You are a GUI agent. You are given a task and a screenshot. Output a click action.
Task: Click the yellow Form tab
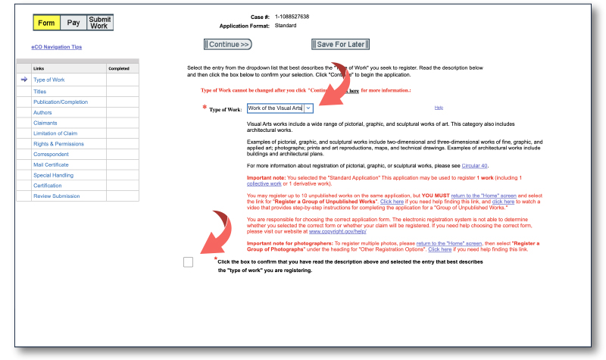point(46,23)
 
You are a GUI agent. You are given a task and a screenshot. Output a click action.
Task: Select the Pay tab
point(73,23)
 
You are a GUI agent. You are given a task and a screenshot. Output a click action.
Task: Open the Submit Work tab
point(98,23)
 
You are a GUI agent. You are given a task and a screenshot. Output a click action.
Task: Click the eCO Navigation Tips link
point(57,47)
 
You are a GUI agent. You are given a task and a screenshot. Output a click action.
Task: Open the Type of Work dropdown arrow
point(308,108)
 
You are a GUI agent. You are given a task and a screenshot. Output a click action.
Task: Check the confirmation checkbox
point(188,262)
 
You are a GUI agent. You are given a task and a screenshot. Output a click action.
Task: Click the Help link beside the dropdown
point(439,108)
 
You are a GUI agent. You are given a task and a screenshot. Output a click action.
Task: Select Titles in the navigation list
point(40,91)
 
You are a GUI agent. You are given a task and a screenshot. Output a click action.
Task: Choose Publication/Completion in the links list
point(61,102)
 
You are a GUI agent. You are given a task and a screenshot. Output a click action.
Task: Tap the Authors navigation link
point(42,112)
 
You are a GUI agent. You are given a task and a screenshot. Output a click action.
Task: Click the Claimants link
point(45,123)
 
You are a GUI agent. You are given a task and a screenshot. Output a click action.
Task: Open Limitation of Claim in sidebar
point(56,133)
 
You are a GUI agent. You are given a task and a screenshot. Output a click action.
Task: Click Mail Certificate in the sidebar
point(51,164)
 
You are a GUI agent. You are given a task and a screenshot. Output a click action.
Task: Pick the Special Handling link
point(52,175)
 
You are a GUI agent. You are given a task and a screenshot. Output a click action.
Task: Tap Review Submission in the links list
point(56,196)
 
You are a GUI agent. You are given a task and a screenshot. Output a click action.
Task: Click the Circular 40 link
point(474,165)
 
